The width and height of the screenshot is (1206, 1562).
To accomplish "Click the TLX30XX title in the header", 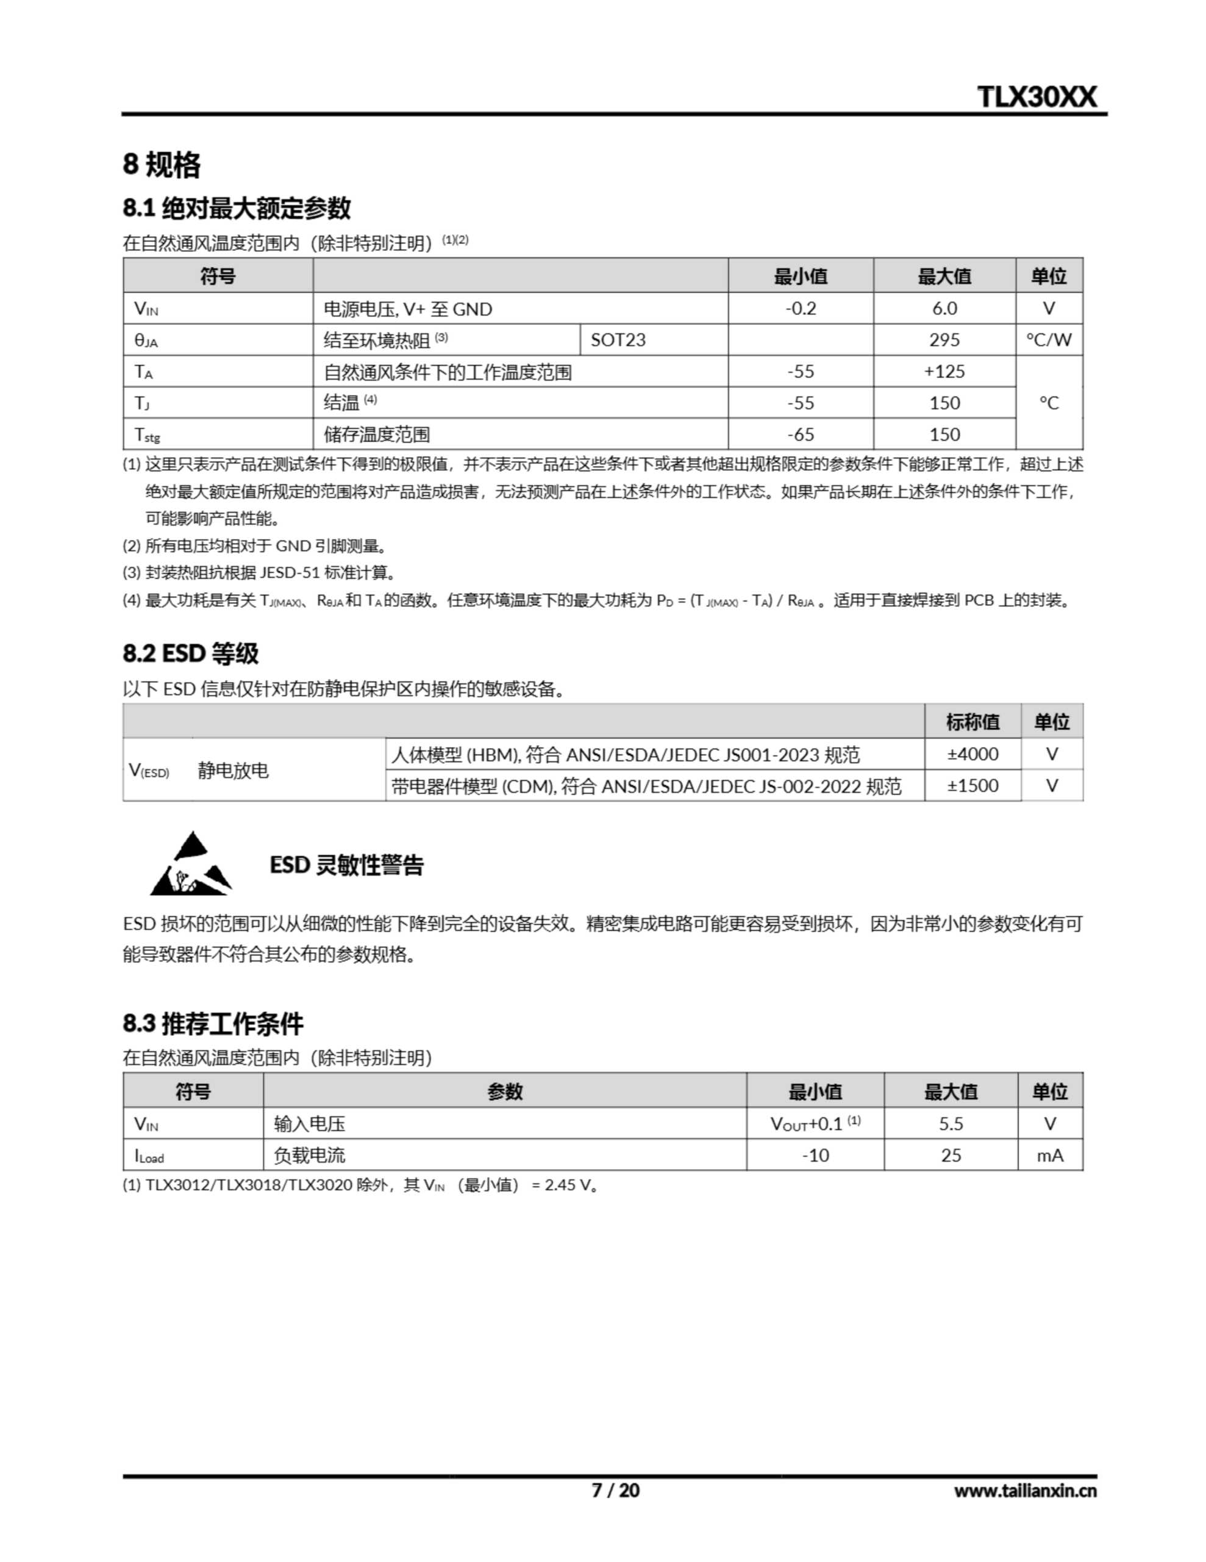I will point(1036,96).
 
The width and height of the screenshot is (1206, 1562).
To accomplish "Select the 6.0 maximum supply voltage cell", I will point(944,308).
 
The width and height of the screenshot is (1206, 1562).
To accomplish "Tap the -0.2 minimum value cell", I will point(800,308).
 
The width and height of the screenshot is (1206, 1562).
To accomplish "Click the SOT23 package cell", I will point(618,340).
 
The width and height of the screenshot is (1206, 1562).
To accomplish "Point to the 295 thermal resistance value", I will point(944,340).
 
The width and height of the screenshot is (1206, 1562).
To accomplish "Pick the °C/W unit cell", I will point(1048,340).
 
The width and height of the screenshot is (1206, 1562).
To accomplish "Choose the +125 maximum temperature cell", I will point(944,371).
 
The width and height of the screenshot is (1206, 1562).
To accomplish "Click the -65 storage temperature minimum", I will point(800,434).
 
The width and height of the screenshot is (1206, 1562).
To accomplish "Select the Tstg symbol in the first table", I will point(148,434).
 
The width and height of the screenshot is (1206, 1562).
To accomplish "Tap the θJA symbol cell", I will point(146,340).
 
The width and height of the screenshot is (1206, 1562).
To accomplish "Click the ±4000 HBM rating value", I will point(972,754).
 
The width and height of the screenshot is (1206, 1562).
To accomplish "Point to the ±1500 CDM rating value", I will point(972,785).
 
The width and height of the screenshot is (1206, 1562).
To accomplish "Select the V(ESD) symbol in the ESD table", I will point(149,770).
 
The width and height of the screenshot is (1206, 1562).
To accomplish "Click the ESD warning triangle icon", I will point(190,865).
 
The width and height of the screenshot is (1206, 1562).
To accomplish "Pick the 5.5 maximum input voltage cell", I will point(951,1123).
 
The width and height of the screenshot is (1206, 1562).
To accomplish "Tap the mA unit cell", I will point(1049,1155).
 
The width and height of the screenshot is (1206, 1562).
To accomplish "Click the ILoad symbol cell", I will point(149,1156).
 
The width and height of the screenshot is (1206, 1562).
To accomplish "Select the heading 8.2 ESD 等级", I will point(190,653).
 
